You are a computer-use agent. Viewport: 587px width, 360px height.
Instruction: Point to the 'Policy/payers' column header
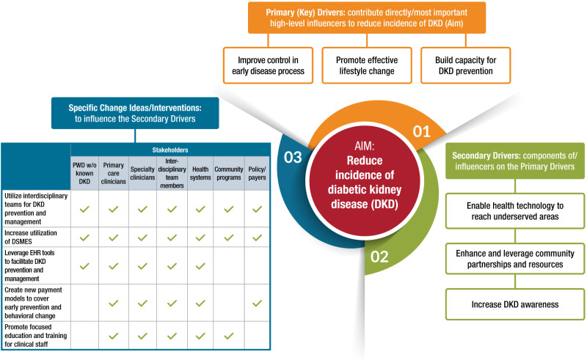click(x=257, y=174)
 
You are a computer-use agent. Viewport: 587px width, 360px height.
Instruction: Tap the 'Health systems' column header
click(x=200, y=174)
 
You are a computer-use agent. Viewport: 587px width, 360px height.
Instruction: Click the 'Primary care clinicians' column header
click(x=114, y=174)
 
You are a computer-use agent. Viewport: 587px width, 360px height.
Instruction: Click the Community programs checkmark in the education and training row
click(x=229, y=335)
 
